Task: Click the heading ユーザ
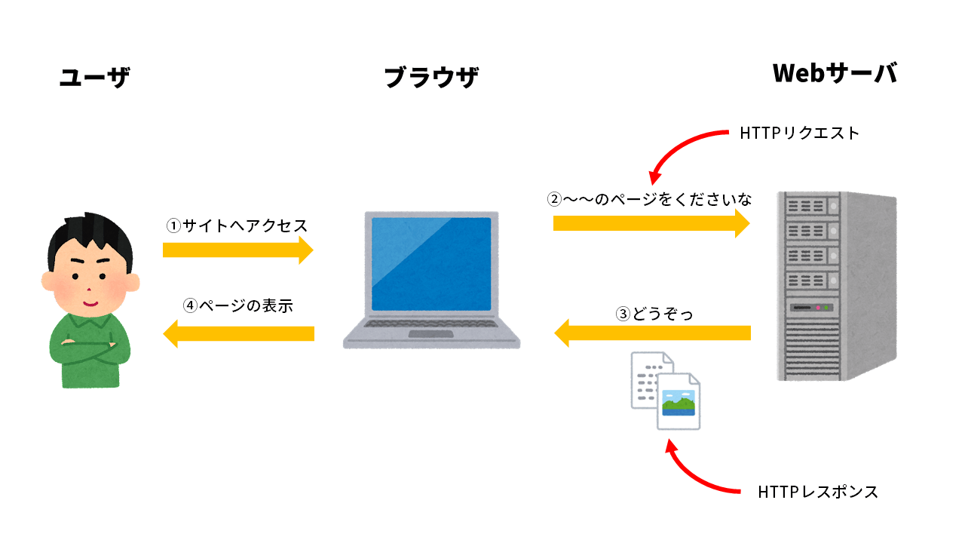[94, 77]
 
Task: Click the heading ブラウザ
[431, 77]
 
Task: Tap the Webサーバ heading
[835, 73]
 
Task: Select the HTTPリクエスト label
[799, 133]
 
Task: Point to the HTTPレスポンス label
[818, 492]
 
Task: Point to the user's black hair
[90, 234]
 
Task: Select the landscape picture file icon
[679, 401]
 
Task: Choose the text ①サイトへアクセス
[237, 225]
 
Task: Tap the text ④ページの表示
[237, 306]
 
